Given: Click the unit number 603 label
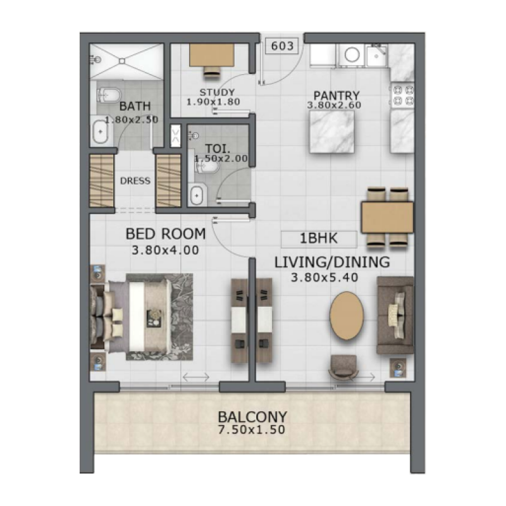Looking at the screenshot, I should [282, 46].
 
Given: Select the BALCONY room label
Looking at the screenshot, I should [252, 417].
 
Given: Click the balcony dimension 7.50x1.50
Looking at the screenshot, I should [252, 430].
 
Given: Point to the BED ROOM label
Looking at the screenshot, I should [166, 234].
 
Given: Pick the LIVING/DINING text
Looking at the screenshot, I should [331, 262].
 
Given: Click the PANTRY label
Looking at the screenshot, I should [333, 96].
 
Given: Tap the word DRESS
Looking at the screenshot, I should [135, 181].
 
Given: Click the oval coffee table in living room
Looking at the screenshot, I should [347, 316].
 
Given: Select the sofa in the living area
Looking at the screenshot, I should [395, 314].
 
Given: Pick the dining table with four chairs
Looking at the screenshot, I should [387, 217].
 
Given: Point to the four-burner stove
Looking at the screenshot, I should [402, 95].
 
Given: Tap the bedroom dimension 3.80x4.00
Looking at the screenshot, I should [166, 250].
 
